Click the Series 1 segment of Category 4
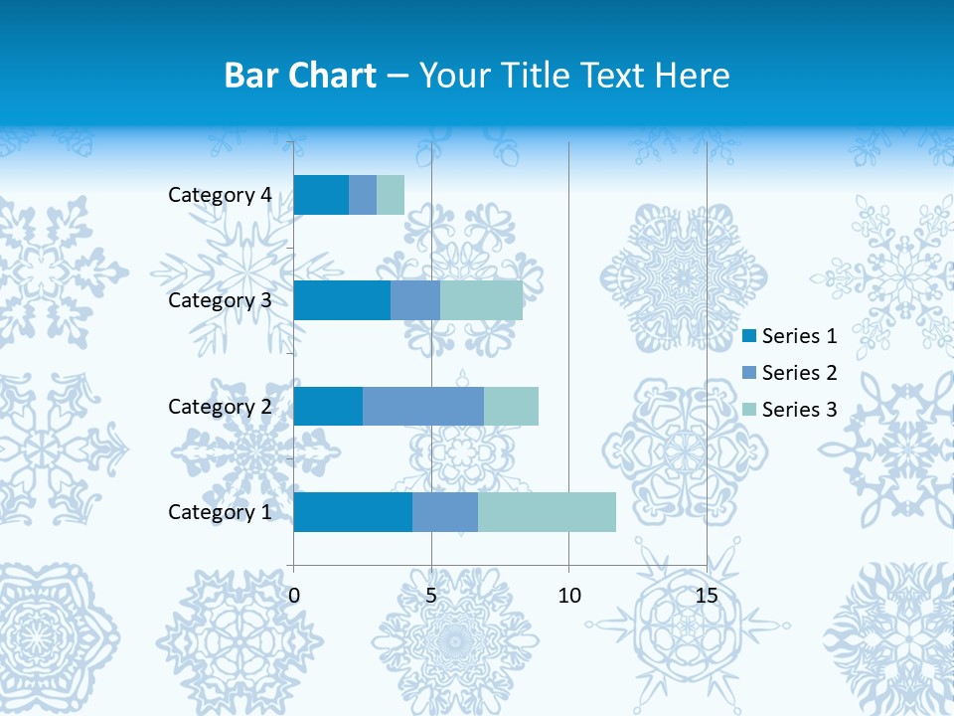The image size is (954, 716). pyautogui.click(x=321, y=195)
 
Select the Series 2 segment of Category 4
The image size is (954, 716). pyautogui.click(x=363, y=195)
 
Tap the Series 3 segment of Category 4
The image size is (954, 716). pyautogui.click(x=391, y=195)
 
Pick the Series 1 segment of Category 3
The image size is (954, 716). pyautogui.click(x=342, y=300)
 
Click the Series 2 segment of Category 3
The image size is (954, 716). pyautogui.click(x=415, y=300)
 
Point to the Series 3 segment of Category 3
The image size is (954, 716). pyautogui.click(x=481, y=300)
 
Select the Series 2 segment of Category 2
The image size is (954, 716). pyautogui.click(x=423, y=406)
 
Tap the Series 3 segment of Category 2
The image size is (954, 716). pyautogui.click(x=511, y=406)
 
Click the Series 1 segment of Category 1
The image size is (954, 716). pyautogui.click(x=353, y=512)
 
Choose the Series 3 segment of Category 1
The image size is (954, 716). pyautogui.click(x=547, y=512)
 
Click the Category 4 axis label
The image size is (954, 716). pyautogui.click(x=220, y=195)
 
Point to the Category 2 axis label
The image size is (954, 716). pyautogui.click(x=220, y=407)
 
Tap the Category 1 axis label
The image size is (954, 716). pyautogui.click(x=220, y=512)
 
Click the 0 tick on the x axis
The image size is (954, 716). pyautogui.click(x=294, y=596)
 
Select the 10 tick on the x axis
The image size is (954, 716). pyautogui.click(x=568, y=596)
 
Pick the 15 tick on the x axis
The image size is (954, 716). pyautogui.click(x=706, y=596)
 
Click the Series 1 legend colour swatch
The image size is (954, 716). pyautogui.click(x=749, y=336)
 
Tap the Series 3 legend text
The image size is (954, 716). pyautogui.click(x=799, y=410)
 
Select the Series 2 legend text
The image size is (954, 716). pyautogui.click(x=799, y=373)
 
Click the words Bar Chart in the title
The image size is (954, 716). pyautogui.click(x=300, y=76)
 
